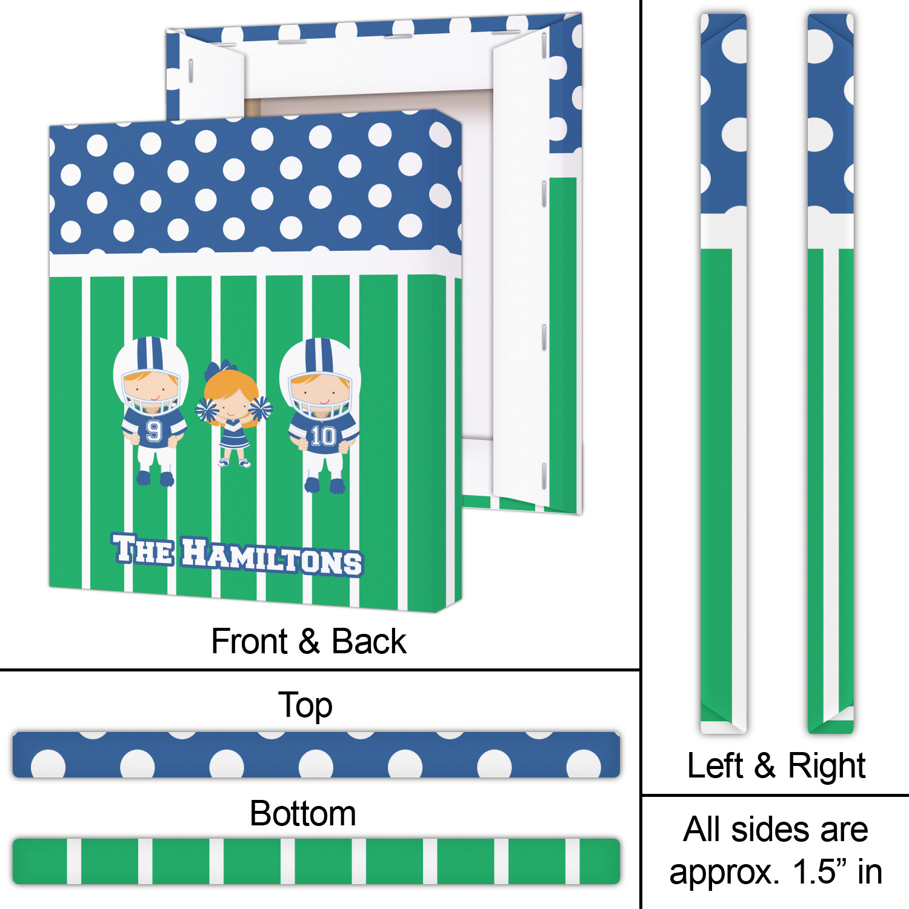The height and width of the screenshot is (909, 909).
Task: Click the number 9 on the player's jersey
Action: tap(153, 431)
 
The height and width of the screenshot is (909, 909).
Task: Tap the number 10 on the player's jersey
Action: tap(323, 436)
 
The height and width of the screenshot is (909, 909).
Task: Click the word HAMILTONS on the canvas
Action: tap(272, 556)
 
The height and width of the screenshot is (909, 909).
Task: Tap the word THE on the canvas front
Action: tap(143, 550)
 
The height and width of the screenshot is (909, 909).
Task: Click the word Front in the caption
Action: tap(249, 641)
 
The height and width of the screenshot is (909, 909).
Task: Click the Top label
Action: tap(305, 706)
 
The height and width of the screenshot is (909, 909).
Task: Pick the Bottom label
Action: tap(302, 813)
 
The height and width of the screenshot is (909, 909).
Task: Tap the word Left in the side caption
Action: tap(714, 765)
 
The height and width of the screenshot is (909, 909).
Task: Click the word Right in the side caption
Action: tap(827, 767)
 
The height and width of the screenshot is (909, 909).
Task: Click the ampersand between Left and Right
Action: tap(765, 765)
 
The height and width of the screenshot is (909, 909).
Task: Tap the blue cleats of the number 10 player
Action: tap(324, 485)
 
